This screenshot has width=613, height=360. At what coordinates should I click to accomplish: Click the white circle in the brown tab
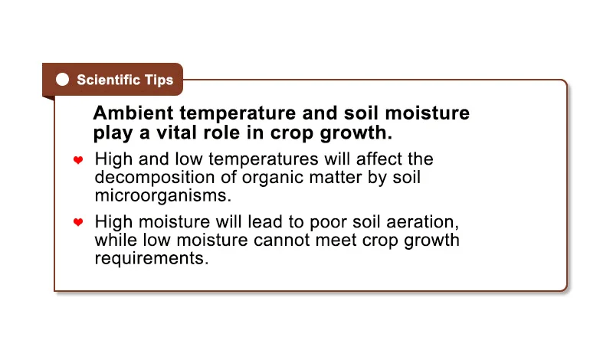coord(63,80)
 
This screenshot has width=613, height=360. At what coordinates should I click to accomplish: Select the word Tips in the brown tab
coord(159,80)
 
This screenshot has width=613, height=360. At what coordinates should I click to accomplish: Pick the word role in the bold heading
coord(221,133)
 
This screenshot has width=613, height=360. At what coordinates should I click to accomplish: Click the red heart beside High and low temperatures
coord(78,160)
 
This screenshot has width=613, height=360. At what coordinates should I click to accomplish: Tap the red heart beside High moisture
coord(78,222)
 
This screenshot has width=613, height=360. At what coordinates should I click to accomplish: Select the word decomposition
coord(155,178)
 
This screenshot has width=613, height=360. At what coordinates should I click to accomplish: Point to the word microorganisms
coord(163,195)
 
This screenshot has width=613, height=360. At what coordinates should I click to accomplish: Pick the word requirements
coord(152,259)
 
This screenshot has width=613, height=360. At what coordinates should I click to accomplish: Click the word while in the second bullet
coord(116,240)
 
